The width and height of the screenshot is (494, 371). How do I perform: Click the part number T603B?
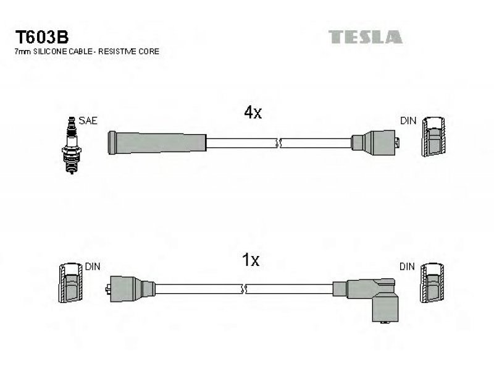pos(41,37)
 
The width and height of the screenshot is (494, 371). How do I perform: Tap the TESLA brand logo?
pos(366,37)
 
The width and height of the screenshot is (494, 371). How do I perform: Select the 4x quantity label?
pos(253,113)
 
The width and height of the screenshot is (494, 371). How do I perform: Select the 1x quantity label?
pos(251,260)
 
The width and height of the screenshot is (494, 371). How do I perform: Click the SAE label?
pos(88,121)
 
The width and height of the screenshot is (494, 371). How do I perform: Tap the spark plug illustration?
pos(72,145)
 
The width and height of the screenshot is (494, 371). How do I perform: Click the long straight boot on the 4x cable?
pos(157,143)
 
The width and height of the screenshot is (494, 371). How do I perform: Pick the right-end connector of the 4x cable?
pos(375,143)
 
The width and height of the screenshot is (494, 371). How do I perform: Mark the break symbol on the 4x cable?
pos(278,143)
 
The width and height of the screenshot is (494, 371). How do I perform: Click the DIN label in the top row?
pos(408,121)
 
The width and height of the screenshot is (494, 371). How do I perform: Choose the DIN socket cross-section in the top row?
pos(433,137)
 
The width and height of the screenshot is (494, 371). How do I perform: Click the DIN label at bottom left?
pos(92,267)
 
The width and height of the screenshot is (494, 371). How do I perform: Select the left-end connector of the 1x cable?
pos(130,288)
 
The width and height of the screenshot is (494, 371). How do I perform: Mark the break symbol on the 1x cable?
pos(243,289)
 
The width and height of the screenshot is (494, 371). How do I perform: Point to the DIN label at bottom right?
pos(407,267)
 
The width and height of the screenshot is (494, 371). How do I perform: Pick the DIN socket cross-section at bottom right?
pos(432,283)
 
